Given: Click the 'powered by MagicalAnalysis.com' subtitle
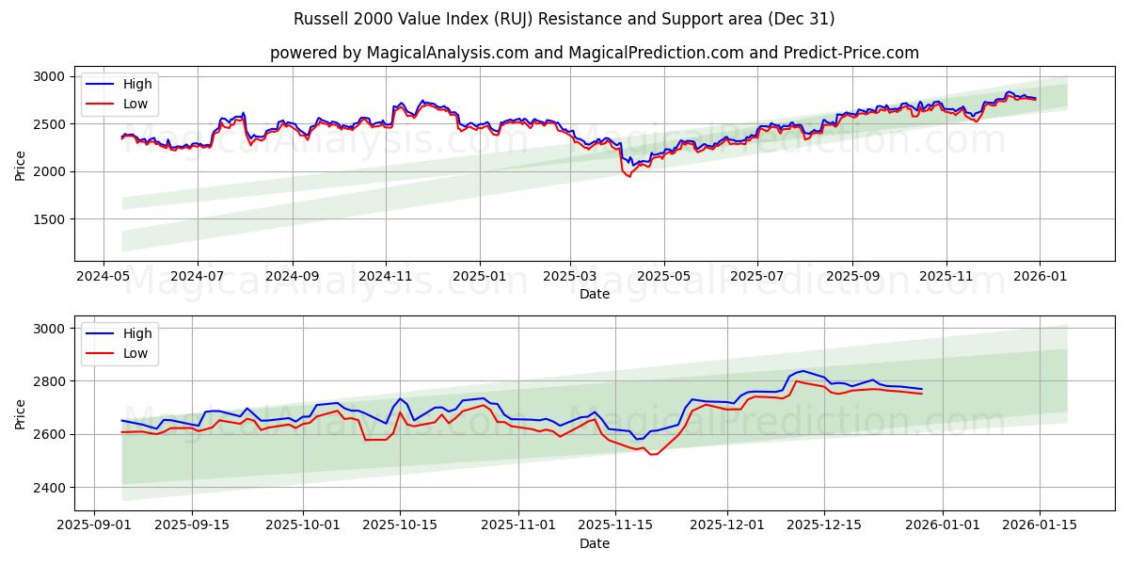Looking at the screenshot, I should (594, 53).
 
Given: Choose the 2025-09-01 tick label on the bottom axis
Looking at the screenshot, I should (94, 525).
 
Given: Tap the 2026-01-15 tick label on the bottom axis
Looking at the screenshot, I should (1040, 525).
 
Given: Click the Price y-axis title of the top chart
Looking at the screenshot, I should (21, 165).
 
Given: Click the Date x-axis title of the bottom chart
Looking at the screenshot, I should (594, 543).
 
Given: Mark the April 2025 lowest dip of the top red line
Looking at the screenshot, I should (629, 177).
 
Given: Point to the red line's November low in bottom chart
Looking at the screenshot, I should (652, 455).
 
